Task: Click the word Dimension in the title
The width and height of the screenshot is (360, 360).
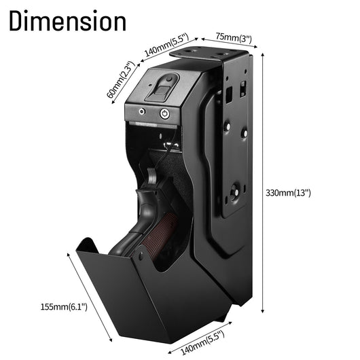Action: (x=68, y=20)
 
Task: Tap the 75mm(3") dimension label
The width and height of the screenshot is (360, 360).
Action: (x=234, y=38)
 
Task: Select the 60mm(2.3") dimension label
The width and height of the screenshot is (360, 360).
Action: (x=120, y=79)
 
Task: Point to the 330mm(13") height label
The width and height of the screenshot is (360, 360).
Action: (x=288, y=193)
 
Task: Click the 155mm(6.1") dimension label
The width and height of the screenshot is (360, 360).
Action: (x=64, y=307)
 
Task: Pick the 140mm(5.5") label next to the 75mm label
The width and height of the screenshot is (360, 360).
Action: (x=167, y=45)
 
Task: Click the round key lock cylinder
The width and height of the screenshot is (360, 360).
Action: (x=164, y=113)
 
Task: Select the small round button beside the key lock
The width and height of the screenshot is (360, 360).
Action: (x=142, y=112)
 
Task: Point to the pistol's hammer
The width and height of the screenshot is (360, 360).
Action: (x=151, y=176)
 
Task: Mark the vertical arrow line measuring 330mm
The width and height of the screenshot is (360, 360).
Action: (x=263, y=183)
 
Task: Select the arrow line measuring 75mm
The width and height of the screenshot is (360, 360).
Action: (x=229, y=43)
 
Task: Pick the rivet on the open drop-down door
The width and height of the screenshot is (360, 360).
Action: (x=141, y=255)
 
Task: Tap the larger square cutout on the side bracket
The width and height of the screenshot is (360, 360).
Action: (x=229, y=95)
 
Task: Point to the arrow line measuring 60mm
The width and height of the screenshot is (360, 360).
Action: (x=126, y=84)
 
